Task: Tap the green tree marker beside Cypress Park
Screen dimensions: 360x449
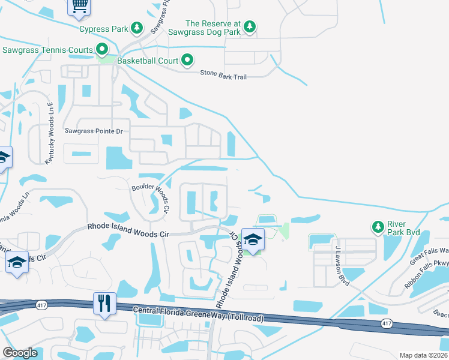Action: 137,28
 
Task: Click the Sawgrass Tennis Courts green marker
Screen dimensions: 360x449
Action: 103,50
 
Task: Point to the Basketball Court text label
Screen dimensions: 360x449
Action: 148,61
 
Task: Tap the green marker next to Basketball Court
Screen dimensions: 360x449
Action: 187,60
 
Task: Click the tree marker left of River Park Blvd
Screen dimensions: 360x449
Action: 378,227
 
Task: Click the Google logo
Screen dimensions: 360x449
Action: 20,353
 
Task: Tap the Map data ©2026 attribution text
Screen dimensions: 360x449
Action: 424,355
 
